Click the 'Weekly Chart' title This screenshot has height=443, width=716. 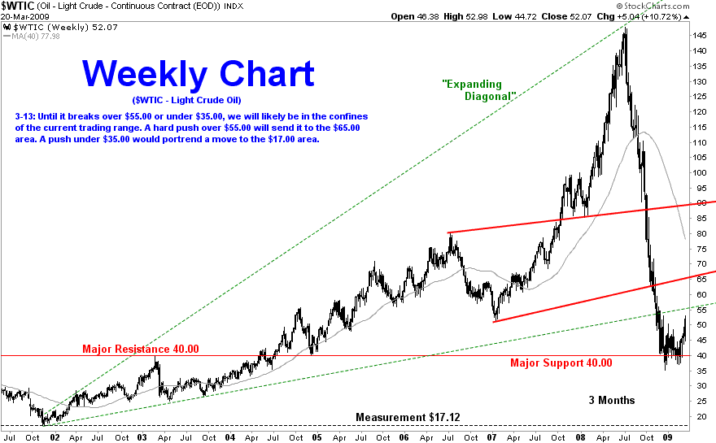[x=199, y=74]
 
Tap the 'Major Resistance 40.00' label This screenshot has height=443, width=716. [x=141, y=349]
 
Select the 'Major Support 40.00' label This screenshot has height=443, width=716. [x=561, y=363]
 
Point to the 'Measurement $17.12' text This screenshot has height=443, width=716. [x=408, y=418]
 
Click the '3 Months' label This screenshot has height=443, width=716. [x=611, y=400]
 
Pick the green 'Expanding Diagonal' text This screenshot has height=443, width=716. [x=478, y=90]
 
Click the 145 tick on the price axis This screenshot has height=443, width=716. [x=699, y=36]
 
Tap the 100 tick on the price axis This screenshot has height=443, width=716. [x=699, y=172]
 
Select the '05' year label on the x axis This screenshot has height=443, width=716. [x=317, y=437]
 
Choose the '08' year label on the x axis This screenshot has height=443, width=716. [x=580, y=437]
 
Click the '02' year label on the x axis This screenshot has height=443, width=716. [x=55, y=437]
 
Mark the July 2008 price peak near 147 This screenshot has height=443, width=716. [x=625, y=29]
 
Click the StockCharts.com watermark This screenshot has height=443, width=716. [x=653, y=6]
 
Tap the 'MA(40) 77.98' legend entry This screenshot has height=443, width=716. [x=32, y=36]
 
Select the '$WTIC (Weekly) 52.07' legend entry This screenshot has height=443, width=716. [x=61, y=28]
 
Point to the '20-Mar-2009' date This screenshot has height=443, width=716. [x=24, y=17]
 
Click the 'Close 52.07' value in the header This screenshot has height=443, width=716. [x=566, y=17]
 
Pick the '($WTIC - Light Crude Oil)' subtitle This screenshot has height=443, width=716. [x=187, y=100]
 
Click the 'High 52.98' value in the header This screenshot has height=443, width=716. [x=465, y=17]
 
